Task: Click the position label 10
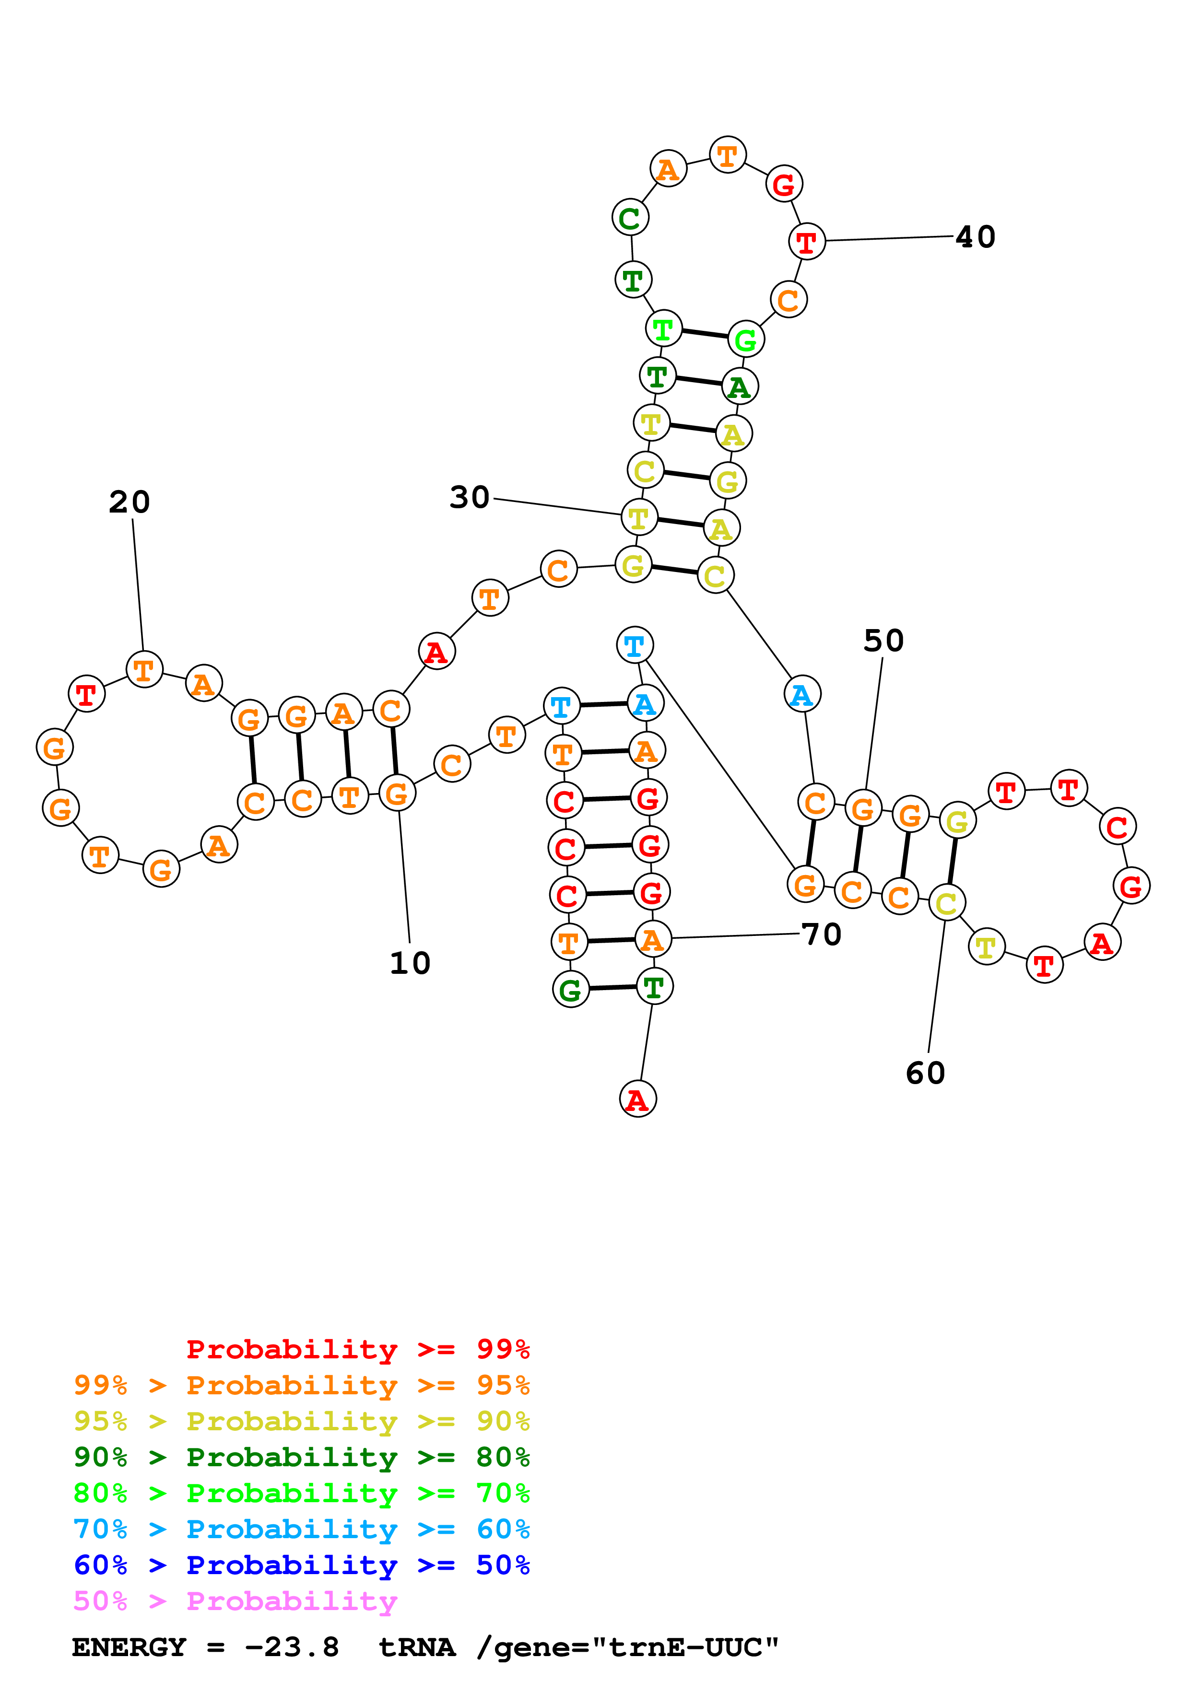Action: click(x=410, y=963)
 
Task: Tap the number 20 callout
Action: click(x=129, y=502)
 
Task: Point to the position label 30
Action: click(x=470, y=497)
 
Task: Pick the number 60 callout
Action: click(x=925, y=1073)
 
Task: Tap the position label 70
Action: click(x=821, y=934)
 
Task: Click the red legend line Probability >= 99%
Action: click(x=357, y=1349)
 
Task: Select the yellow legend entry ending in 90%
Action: click(x=301, y=1421)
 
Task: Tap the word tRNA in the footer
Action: click(x=417, y=1647)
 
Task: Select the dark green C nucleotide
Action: click(x=630, y=218)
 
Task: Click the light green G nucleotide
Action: click(x=746, y=339)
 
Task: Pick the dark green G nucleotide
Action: click(x=570, y=990)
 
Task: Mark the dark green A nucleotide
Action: click(x=739, y=387)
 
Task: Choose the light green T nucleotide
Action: click(x=663, y=329)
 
